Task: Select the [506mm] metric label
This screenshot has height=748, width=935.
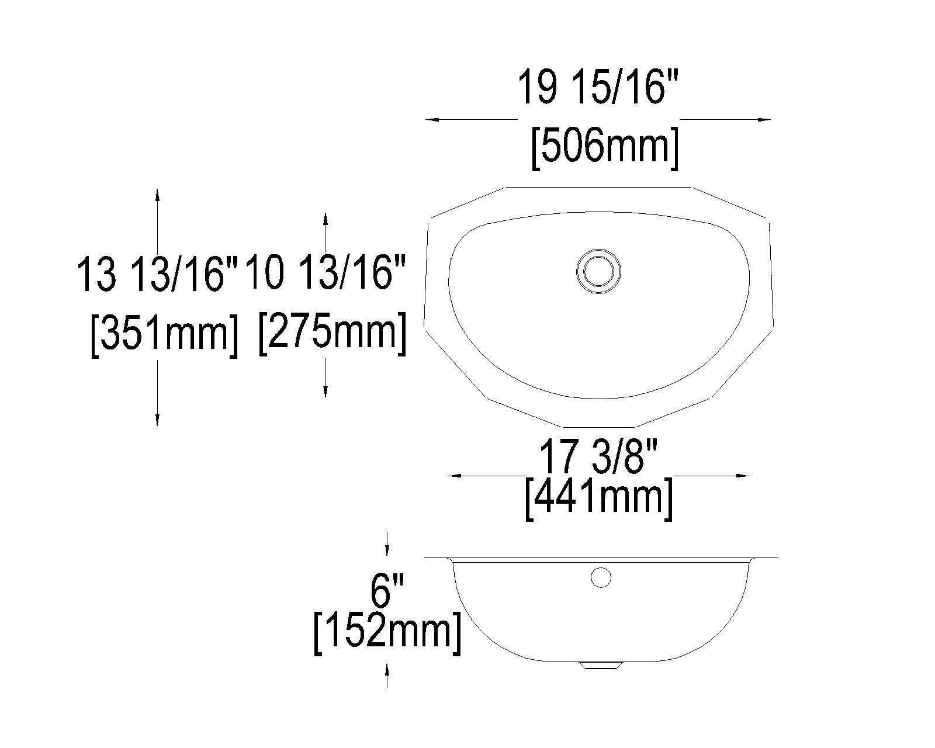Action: (x=605, y=147)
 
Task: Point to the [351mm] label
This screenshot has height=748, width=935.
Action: (x=165, y=334)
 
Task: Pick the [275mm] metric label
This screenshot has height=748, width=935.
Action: (x=333, y=332)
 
